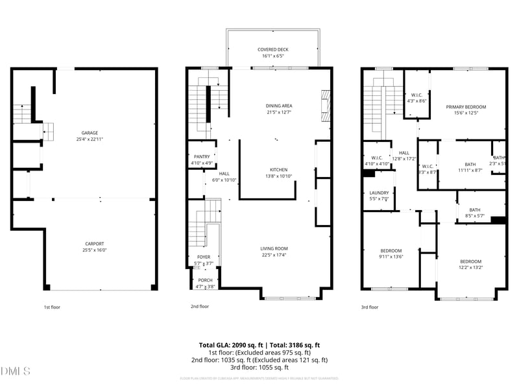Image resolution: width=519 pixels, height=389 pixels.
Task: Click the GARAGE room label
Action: coord(90,133)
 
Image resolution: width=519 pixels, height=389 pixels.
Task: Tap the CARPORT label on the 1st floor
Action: coord(94,244)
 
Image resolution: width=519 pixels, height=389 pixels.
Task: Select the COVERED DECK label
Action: coord(272,49)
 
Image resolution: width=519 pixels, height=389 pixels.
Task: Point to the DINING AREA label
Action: coord(279,106)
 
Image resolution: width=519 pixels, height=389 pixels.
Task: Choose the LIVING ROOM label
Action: coord(274,248)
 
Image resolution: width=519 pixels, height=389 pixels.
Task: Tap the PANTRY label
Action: coord(202,157)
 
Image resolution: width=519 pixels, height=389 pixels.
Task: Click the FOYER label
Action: coord(204,257)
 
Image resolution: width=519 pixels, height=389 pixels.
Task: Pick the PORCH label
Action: coord(205,280)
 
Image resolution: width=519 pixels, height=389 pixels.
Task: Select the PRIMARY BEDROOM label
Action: coord(466,107)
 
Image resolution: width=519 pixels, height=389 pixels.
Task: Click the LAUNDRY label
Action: coord(379,193)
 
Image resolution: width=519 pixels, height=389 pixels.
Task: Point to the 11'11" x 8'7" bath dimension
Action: coord(470,171)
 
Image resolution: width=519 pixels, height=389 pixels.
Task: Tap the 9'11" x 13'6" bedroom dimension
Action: coord(391,257)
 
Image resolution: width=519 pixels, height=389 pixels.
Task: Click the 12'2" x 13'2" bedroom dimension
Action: coord(471,267)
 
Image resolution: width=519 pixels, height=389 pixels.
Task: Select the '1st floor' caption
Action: coord(52,307)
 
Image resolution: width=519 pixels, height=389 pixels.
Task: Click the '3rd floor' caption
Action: coord(369,307)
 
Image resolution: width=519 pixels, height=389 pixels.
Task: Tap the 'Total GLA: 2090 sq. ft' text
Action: coord(232,345)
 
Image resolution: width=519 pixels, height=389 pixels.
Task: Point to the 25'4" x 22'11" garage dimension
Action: coord(90,139)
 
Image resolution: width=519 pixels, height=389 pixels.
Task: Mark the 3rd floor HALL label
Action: coord(404,153)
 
